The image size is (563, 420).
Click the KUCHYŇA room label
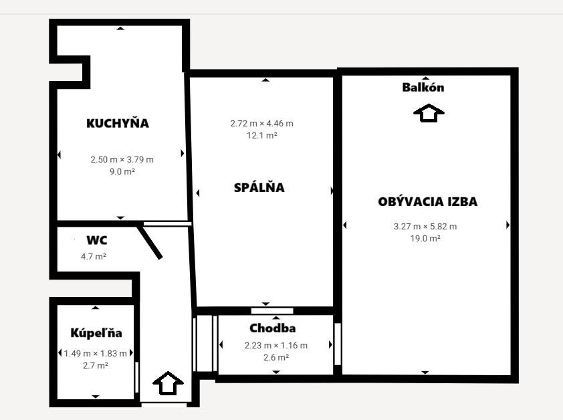[x=118, y=122]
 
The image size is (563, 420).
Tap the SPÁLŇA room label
[x=259, y=187]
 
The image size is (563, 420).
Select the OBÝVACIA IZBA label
[x=428, y=201]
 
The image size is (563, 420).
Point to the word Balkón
[x=423, y=87]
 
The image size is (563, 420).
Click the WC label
[x=96, y=239]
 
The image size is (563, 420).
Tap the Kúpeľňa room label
[x=96, y=332]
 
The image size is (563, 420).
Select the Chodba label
[x=273, y=328]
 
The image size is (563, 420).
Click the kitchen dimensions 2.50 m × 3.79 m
[x=122, y=160]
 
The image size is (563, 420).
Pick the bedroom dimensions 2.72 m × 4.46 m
[x=261, y=124]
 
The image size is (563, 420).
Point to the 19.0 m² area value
[x=425, y=239]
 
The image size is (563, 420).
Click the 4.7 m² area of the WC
[x=94, y=257]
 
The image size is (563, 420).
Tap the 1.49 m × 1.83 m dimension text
[x=95, y=354]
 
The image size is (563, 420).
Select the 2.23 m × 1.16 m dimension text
[x=276, y=346]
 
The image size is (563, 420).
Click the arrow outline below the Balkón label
[x=429, y=113]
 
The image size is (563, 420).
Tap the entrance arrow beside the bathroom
[x=168, y=383]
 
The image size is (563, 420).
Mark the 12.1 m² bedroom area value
[x=261, y=136]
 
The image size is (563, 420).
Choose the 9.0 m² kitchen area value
[x=122, y=172]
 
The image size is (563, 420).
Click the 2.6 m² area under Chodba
[x=276, y=358]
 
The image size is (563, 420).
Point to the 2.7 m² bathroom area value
[x=96, y=365]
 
